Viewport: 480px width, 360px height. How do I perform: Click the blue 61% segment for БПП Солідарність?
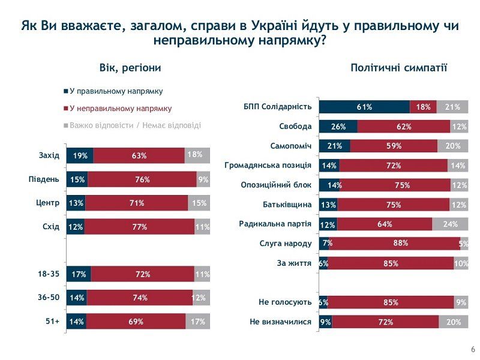coord(364,107)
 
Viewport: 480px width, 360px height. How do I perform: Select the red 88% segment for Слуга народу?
coord(400,243)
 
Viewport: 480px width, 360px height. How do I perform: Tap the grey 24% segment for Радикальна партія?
coord(450,224)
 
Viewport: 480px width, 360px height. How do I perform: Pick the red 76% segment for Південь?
coord(142,179)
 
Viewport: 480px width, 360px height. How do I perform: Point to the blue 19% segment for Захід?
coord(80,155)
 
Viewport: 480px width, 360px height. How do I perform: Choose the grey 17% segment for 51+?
coord(198,321)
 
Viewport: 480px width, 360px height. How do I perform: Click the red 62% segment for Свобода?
coord(403,127)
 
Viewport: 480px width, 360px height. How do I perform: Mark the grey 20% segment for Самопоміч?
coord(452,146)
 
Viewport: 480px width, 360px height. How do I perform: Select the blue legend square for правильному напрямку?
coord(65,91)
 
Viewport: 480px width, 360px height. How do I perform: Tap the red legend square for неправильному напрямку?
coord(65,109)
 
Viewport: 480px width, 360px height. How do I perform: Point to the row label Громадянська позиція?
coord(268,166)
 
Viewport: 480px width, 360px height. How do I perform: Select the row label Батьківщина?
coord(287,205)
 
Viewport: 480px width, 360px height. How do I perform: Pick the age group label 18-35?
coord(49,274)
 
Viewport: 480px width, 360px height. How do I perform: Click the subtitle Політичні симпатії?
coord(399,68)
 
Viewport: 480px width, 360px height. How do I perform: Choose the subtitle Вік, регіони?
coord(130,68)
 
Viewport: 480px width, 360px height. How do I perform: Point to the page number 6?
coord(472,350)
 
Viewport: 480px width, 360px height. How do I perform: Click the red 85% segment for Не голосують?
coord(391,302)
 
